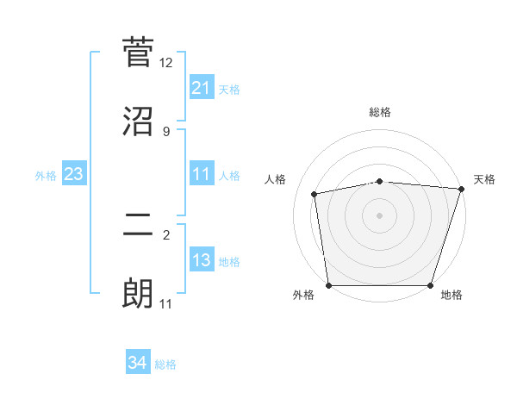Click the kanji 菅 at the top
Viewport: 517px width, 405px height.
[138, 52]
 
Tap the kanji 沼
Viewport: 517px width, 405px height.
[138, 121]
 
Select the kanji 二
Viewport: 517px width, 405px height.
[138, 224]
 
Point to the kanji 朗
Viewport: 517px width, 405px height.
[138, 295]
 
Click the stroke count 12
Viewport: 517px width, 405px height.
[166, 63]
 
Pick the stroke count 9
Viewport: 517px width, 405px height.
[166, 132]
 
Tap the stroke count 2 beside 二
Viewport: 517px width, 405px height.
[166, 234]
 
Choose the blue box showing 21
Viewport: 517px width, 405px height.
[202, 88]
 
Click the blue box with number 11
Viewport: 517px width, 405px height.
[202, 175]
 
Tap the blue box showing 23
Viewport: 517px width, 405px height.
[74, 175]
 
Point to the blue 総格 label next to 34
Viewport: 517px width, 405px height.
[165, 364]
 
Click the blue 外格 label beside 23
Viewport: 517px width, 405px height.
[46, 176]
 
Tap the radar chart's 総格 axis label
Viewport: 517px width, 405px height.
[380, 112]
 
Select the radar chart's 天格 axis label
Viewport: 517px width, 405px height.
[484, 179]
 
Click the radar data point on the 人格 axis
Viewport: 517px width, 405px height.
[315, 194]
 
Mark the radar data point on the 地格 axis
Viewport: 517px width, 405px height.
[431, 285]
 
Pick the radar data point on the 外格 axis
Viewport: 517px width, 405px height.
[329, 285]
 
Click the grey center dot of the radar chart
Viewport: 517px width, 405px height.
[380, 215]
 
